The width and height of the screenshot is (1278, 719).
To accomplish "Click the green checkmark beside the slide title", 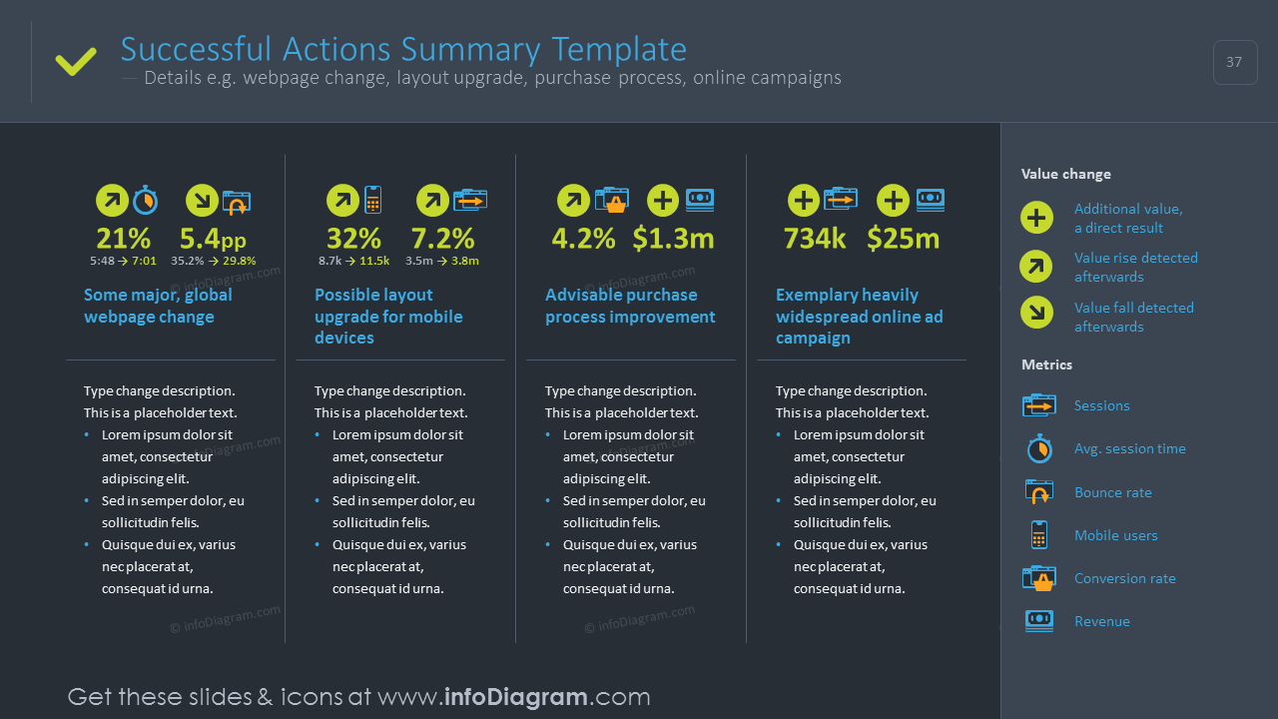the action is (76, 62).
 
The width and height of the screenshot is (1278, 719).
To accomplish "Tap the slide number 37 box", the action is (1235, 62).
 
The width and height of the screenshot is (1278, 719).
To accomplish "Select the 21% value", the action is (123, 239).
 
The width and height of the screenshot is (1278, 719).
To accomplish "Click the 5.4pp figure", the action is (213, 239).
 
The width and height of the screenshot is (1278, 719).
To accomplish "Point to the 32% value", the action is (353, 239).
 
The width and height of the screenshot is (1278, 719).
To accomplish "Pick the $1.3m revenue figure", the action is (673, 239).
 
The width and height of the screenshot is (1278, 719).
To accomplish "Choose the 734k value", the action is (814, 239).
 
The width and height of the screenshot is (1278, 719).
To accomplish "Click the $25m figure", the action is (904, 239).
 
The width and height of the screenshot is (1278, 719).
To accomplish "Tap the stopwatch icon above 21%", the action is (146, 200).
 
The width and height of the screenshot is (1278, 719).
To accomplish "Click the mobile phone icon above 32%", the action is (372, 200).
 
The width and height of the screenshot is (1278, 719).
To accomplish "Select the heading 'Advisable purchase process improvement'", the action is (630, 306).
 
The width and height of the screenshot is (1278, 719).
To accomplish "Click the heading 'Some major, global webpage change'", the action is (158, 306).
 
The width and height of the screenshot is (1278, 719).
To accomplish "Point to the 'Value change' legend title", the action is (1065, 174).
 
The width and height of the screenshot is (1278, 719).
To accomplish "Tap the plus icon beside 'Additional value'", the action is (1036, 218).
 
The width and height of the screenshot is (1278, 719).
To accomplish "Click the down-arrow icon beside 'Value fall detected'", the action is (1036, 313).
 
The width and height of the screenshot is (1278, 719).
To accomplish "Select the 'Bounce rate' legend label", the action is (1113, 492).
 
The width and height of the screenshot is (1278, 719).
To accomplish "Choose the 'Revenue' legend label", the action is (1102, 621).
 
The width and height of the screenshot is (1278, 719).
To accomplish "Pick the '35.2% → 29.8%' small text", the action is (214, 261).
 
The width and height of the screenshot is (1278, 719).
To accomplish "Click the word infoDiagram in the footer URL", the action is (516, 697).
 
